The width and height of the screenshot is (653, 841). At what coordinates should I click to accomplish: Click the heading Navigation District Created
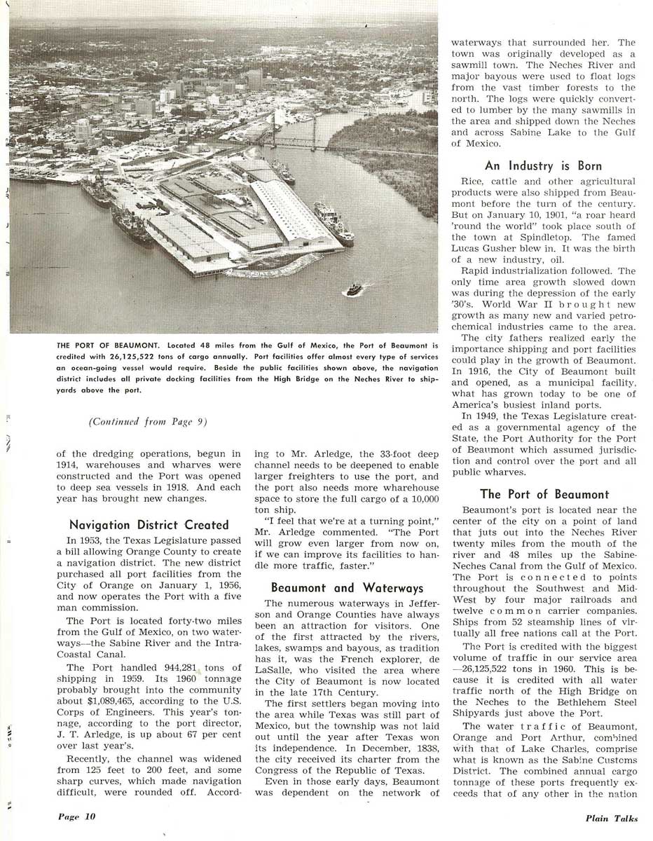pos(149,524)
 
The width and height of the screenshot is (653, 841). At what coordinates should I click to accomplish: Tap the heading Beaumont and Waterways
pos(348,587)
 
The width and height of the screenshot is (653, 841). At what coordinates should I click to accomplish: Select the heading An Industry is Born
pos(543,166)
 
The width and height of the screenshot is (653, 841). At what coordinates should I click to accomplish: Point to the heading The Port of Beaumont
pos(544,494)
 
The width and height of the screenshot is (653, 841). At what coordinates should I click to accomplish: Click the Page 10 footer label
pos(76,816)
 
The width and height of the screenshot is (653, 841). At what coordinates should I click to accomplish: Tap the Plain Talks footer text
pos(612,818)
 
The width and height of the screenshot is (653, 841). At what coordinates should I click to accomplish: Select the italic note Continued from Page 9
pos(148,421)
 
